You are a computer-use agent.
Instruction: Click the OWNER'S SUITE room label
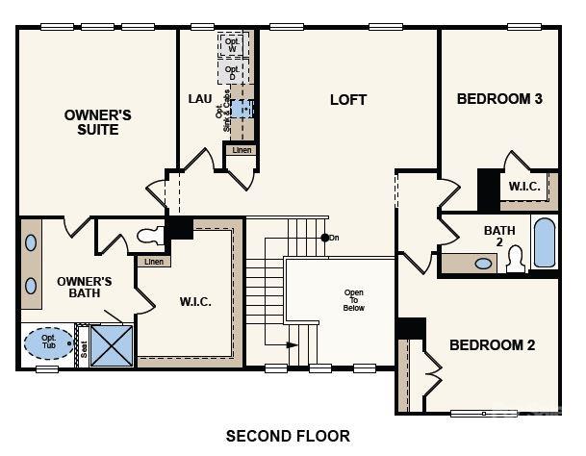97,122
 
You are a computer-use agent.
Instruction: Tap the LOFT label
347,99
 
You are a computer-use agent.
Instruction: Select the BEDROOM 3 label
499,98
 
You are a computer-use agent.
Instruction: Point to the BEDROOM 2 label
493,345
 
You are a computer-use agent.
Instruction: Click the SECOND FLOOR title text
288,436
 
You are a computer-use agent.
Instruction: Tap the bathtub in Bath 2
544,243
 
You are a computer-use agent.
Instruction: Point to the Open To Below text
354,299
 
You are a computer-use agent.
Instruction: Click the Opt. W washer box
232,44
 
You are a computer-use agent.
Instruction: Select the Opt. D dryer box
232,71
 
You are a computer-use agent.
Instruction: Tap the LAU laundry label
200,99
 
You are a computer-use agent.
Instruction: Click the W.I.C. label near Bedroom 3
524,186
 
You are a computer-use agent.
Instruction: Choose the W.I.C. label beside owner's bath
195,301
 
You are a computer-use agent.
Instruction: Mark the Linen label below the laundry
241,150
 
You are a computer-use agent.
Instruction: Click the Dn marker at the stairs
333,238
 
